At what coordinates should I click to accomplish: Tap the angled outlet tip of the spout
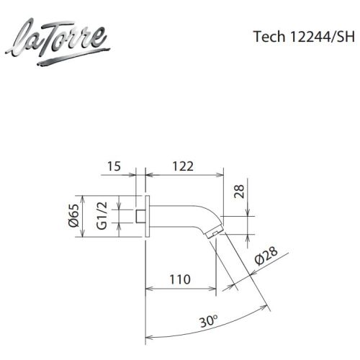tap(212, 234)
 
